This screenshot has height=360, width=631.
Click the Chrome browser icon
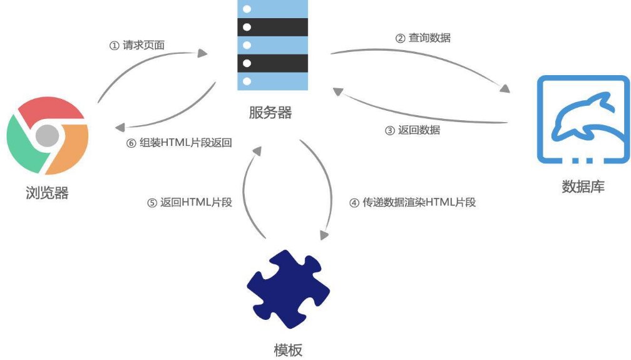[x=48, y=136]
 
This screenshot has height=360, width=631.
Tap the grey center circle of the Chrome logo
[x=48, y=136]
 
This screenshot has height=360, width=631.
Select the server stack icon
[x=272, y=44]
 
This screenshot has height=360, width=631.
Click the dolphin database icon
[x=583, y=120]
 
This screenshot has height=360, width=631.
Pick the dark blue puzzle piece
[x=288, y=289]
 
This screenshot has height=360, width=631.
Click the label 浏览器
[x=47, y=193]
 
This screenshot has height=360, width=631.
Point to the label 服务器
[x=270, y=112]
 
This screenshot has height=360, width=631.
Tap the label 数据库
[x=583, y=187]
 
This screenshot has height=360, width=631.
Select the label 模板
[x=288, y=350]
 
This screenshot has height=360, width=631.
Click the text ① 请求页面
[x=137, y=45]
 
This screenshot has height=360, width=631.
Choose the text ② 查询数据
[x=423, y=38]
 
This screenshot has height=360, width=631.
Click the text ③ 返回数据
[x=413, y=130]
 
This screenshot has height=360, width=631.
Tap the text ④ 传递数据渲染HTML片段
[x=413, y=202]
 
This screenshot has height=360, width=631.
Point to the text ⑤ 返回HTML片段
[x=190, y=202]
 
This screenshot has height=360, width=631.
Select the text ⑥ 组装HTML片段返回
[x=179, y=143]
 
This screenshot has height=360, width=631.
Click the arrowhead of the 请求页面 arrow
[x=202, y=53]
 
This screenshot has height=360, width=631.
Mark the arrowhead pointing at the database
[x=505, y=88]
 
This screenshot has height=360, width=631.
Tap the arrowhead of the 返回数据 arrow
[x=338, y=92]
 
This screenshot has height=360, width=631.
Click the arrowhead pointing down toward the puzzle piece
[x=324, y=235]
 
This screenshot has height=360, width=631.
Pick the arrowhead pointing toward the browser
[x=120, y=128]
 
